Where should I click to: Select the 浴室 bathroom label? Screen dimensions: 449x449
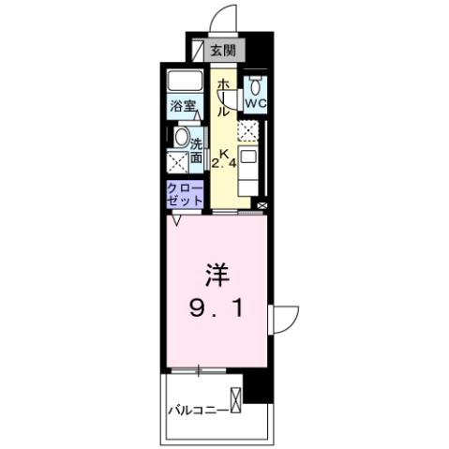click(182, 107)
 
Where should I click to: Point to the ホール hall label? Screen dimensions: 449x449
click(223, 97)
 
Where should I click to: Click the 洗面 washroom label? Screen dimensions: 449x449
click(197, 150)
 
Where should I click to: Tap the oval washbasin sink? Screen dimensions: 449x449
click(182, 136)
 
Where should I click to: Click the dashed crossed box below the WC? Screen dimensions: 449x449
click(249, 129)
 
